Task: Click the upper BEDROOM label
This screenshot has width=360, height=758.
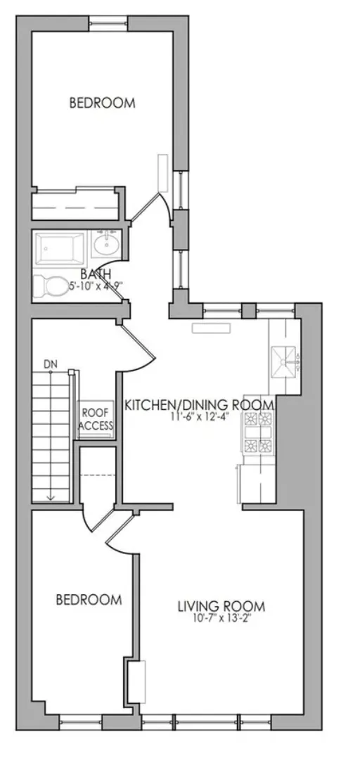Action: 102,103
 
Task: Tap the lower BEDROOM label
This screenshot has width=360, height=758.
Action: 89,600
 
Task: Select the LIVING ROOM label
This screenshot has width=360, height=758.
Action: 220,606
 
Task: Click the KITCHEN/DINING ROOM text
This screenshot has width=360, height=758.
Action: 199,406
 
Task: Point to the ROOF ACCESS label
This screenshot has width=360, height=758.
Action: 96,420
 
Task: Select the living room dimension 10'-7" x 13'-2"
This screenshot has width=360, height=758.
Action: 221,619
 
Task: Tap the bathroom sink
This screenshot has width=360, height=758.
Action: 107,245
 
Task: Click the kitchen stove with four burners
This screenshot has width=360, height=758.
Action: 257,432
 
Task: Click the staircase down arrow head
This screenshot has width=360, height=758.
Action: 51,497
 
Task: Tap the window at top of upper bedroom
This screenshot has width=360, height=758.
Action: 108,24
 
